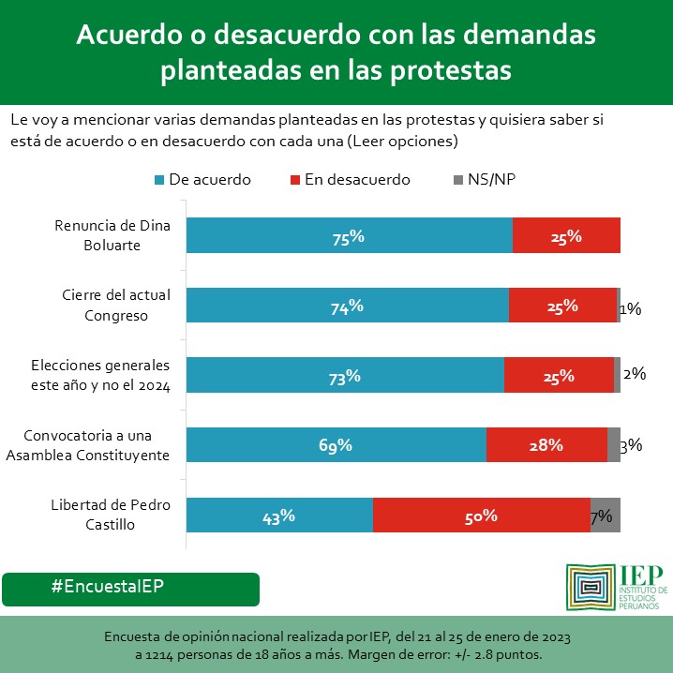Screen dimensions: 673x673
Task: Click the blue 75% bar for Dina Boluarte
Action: pyautogui.click(x=349, y=235)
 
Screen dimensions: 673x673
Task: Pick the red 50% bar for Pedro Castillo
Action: pyautogui.click(x=481, y=516)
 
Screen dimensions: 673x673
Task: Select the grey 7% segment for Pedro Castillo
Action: pyautogui.click(x=605, y=516)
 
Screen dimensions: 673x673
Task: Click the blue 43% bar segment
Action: pyautogui.click(x=279, y=516)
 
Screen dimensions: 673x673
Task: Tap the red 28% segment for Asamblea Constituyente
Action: pyautogui.click(x=546, y=445)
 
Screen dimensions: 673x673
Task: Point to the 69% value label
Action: pyautogui.click(x=335, y=445)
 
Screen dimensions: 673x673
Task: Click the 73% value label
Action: pyautogui.click(x=344, y=376)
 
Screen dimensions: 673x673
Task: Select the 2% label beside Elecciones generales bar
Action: pyautogui.click(x=635, y=374)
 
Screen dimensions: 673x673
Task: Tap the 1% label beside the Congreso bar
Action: pyautogui.click(x=630, y=307)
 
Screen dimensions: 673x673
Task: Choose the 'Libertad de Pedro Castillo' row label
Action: pyautogui.click(x=111, y=515)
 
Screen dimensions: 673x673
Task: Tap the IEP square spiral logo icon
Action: pyautogui.click(x=590, y=588)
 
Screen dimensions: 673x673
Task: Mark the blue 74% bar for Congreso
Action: pyautogui.click(x=347, y=306)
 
